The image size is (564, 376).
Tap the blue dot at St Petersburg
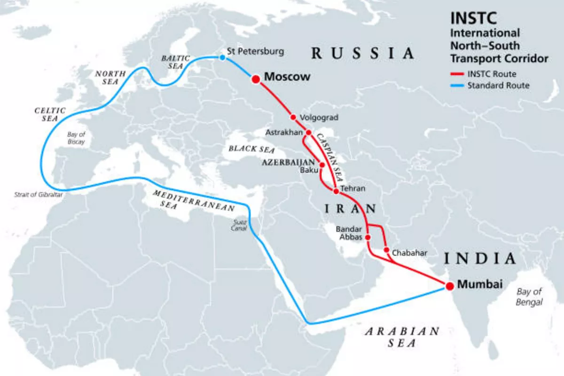pos(222,58)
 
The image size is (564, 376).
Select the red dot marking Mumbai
pos(449,285)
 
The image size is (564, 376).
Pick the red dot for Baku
pos(322,165)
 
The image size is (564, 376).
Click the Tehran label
pos(352,189)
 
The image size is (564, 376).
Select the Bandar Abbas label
pos(349,233)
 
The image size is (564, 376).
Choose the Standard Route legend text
pos(498,86)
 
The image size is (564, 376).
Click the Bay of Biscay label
pos(76,137)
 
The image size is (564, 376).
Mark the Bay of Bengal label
pos(529,297)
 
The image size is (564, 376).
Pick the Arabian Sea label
pos(402,337)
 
